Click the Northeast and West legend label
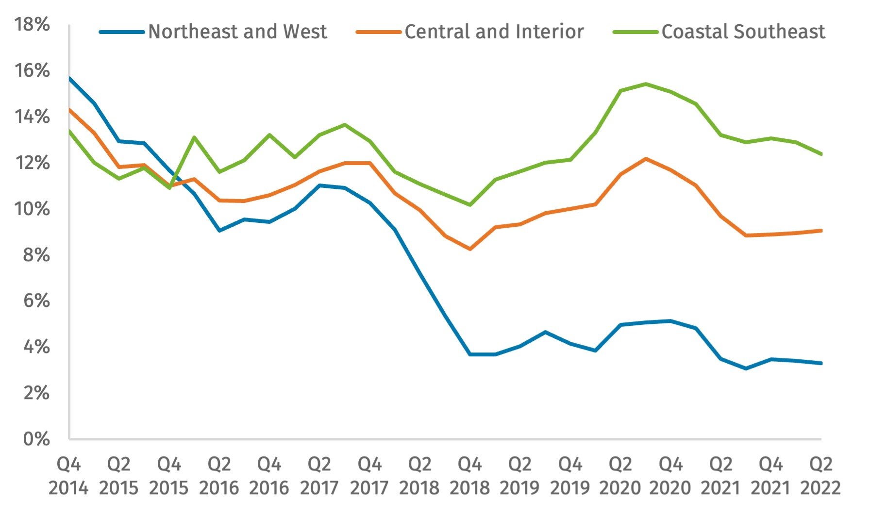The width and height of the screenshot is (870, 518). (237, 32)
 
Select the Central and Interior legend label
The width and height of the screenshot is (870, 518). (494, 32)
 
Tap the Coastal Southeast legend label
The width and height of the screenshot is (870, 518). (743, 32)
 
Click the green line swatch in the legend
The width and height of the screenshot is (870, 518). (635, 32)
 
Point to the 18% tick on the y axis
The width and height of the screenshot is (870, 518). (32, 25)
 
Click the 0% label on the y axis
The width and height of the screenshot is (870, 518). (36, 439)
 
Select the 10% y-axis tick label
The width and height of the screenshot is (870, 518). (32, 209)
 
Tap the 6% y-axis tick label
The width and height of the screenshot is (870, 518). (36, 301)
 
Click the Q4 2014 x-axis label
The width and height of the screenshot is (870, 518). (68, 476)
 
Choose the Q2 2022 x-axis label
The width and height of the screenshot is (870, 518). (820, 476)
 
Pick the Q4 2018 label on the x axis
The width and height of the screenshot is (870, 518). (469, 476)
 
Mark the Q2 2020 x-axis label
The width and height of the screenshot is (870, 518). (620, 476)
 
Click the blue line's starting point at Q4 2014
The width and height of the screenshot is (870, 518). (69, 78)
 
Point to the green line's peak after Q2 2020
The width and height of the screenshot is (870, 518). (645, 84)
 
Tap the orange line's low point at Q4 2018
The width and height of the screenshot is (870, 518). (470, 249)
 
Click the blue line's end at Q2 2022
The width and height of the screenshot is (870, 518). (821, 363)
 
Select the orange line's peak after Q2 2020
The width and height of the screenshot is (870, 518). (645, 159)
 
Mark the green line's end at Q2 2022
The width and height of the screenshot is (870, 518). (821, 154)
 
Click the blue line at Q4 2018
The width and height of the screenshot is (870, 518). (470, 354)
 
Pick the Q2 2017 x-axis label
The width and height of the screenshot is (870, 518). (319, 476)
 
